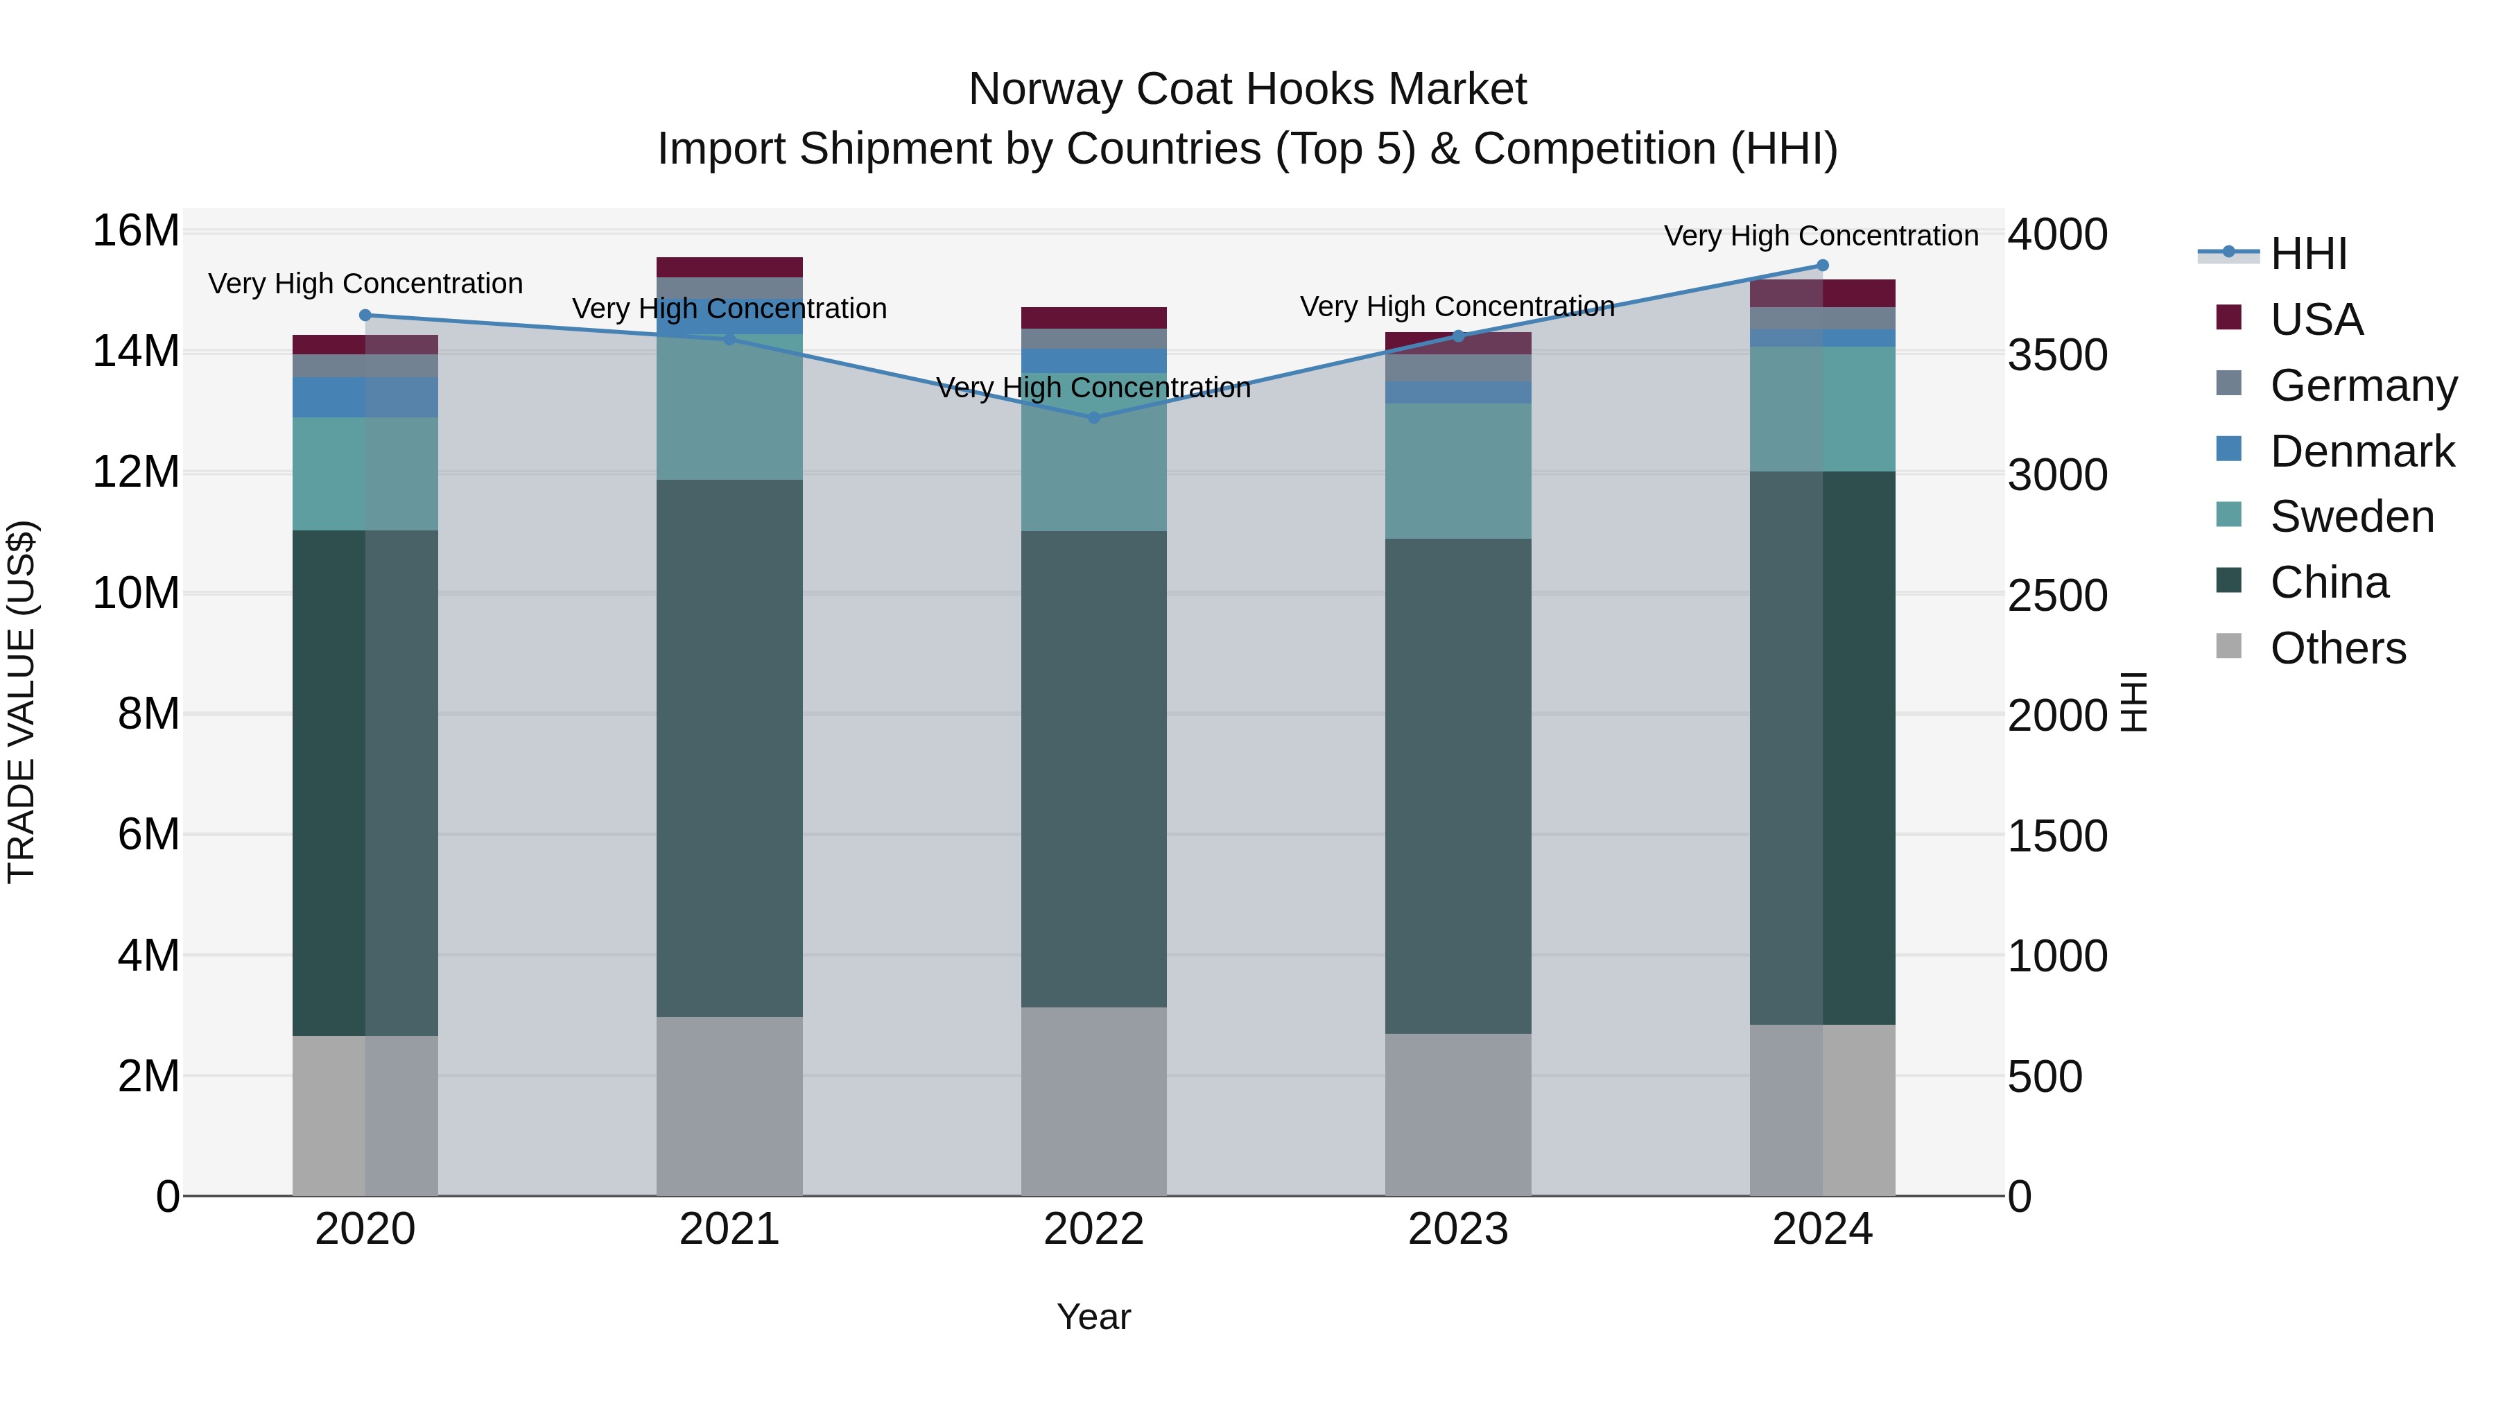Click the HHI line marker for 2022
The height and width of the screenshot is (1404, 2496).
coord(1094,417)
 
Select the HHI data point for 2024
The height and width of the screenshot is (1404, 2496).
coord(1823,266)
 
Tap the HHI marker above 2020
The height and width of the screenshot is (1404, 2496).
coord(365,315)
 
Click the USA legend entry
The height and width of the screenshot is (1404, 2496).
coord(2316,320)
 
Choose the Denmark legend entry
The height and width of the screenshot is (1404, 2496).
coord(2361,451)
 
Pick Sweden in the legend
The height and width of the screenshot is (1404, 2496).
coord(2352,517)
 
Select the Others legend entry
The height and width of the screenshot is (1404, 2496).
coord(2337,648)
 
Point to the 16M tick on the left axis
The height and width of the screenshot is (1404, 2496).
coord(136,232)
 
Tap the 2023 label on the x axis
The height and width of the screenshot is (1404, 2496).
coord(1457,1229)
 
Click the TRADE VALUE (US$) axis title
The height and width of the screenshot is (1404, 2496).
coord(21,702)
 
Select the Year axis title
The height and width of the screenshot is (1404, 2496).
coord(1094,1317)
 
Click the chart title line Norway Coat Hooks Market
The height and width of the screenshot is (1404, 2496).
coord(1247,89)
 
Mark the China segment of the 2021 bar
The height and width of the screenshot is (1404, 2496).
coord(729,748)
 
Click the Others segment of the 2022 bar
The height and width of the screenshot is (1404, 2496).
coord(1094,1101)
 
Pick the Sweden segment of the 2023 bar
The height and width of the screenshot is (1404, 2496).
coord(1457,471)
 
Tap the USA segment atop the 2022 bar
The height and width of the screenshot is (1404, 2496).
coord(1094,318)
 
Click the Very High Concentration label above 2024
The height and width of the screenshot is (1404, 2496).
coord(1821,236)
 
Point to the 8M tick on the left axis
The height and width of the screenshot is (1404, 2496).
coord(148,714)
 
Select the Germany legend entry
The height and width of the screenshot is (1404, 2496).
coord(2364,385)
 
